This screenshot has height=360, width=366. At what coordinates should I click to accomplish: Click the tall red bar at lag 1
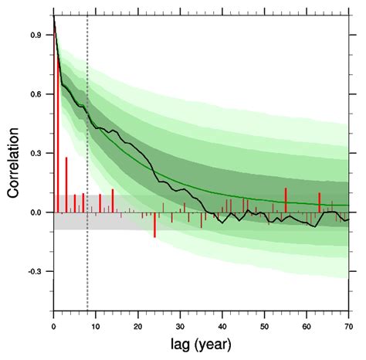(x=58, y=131)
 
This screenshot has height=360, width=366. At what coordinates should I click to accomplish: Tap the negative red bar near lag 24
(x=154, y=224)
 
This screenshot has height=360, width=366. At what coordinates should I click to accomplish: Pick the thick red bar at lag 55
(x=286, y=200)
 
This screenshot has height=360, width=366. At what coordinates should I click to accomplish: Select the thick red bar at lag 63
(x=319, y=202)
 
